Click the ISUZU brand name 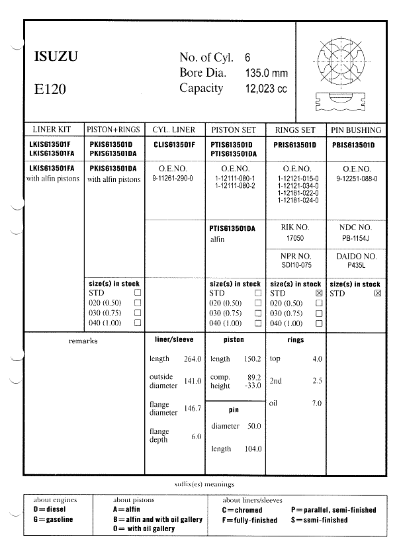(56, 57)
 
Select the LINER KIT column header (54, 130)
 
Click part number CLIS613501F (175, 144)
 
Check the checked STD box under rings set (319, 293)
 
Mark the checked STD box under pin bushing (378, 293)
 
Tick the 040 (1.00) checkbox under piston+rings (137, 323)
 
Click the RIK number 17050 (295, 237)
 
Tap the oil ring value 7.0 (316, 403)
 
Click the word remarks (83, 341)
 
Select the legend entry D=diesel (48, 510)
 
